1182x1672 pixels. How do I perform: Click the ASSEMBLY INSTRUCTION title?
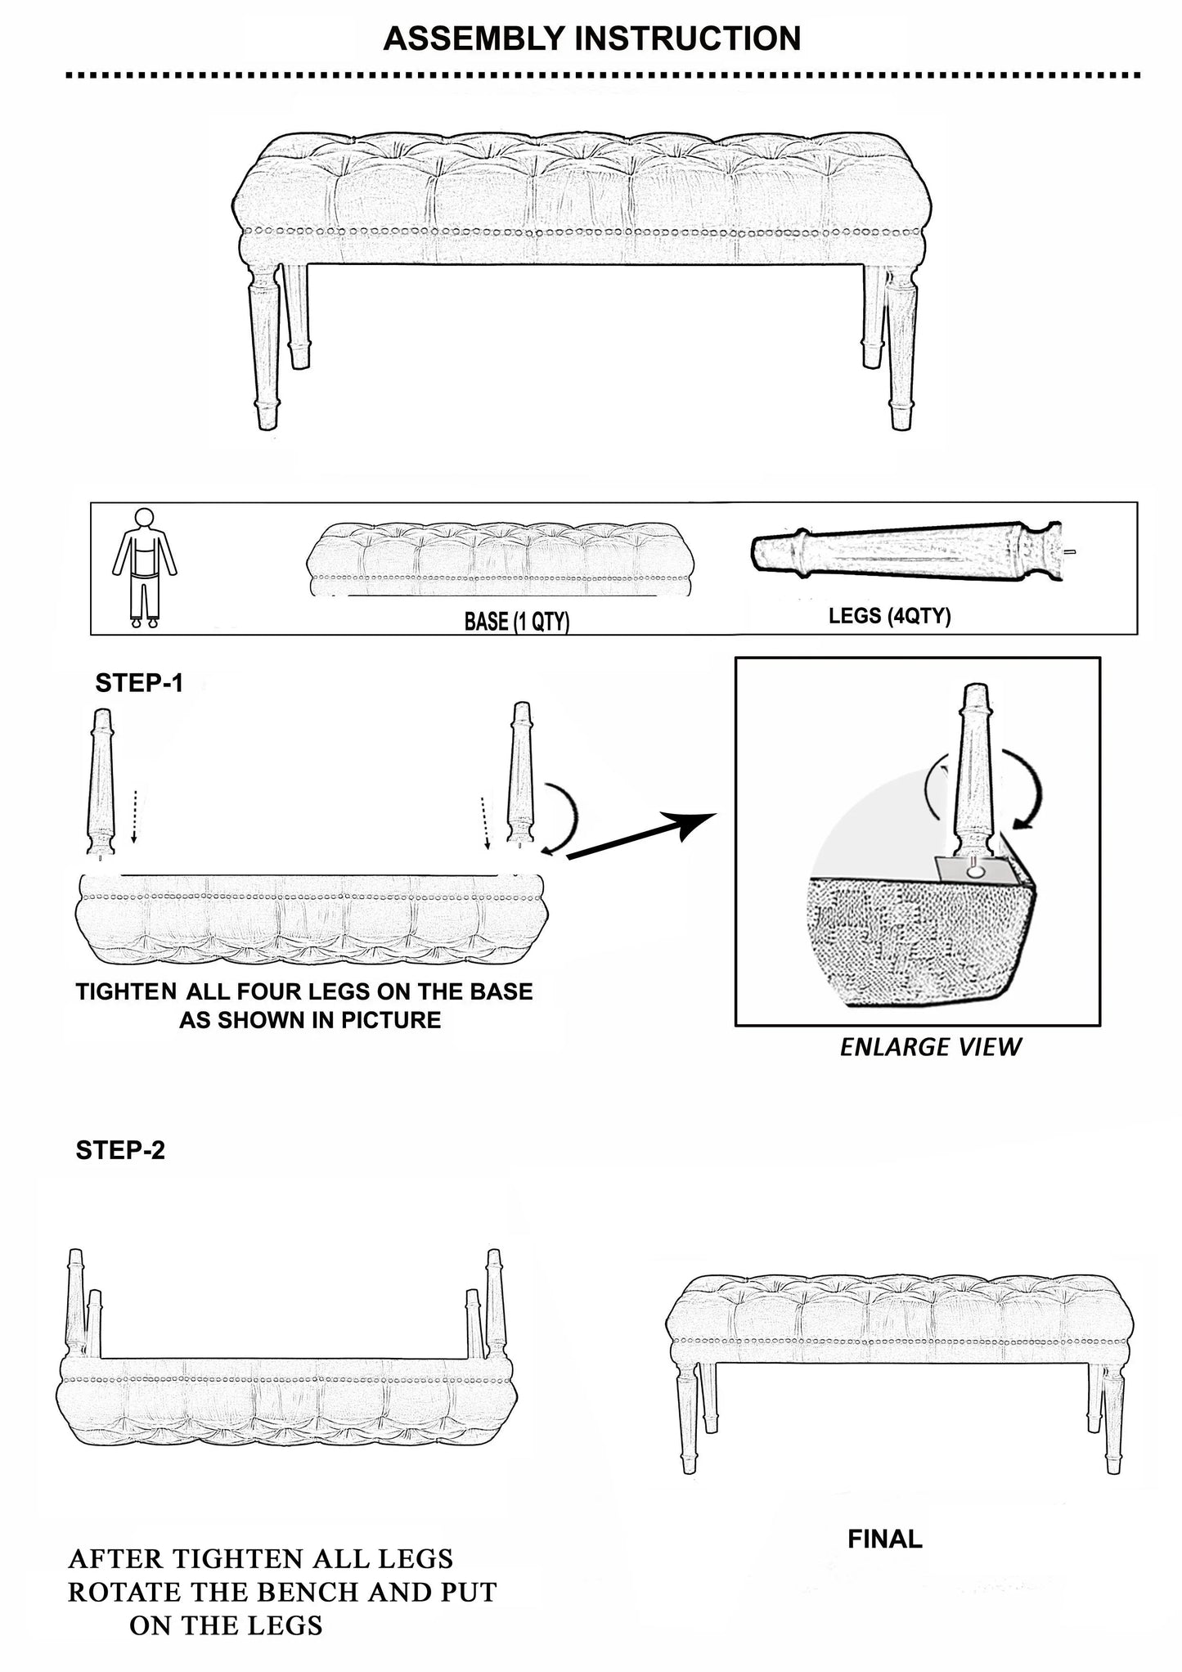pyautogui.click(x=591, y=38)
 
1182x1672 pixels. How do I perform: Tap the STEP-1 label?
pyautogui.click(x=139, y=683)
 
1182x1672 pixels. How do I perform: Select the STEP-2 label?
pyautogui.click(x=120, y=1150)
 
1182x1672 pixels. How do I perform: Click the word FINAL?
pyautogui.click(x=885, y=1539)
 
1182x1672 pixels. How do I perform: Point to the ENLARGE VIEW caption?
pyautogui.click(x=931, y=1047)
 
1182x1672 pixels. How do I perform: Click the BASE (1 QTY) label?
pyautogui.click(x=517, y=622)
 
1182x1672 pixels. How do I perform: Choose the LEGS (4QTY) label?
pyautogui.click(x=890, y=616)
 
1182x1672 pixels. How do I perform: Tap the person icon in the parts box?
pyautogui.click(x=145, y=569)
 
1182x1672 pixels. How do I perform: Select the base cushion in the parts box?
pyautogui.click(x=501, y=559)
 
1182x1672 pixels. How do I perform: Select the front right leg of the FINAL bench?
pyautogui.click(x=1112, y=1420)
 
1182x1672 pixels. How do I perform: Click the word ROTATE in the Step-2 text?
pyautogui.click(x=121, y=1592)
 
